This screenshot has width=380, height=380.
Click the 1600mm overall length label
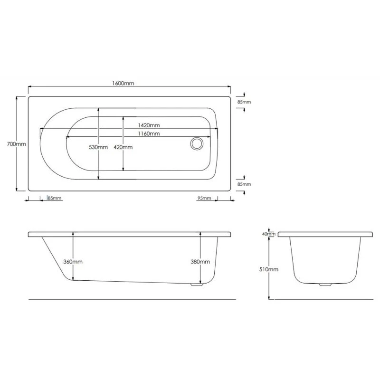(123, 84)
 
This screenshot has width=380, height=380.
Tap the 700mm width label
(17, 144)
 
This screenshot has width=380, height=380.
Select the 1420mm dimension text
(149, 125)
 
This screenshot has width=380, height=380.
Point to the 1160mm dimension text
(149, 133)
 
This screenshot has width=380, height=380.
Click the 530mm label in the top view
(98, 147)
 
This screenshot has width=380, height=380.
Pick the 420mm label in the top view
(123, 147)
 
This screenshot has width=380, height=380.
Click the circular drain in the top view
(197, 143)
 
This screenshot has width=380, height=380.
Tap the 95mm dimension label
(204, 198)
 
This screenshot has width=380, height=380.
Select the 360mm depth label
(73, 262)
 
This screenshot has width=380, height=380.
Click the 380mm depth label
(200, 262)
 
